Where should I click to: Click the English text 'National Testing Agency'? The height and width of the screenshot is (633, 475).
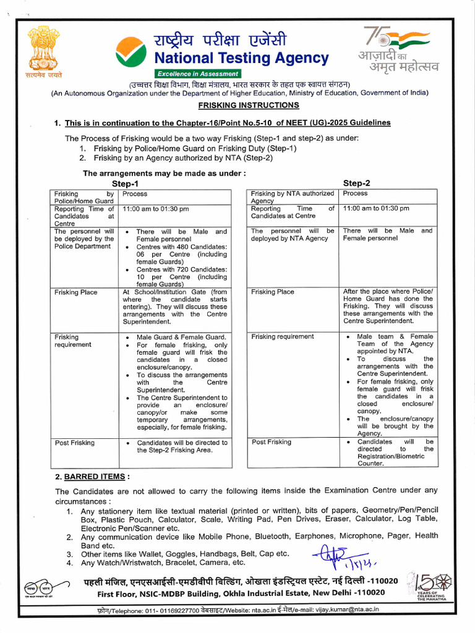pos(241,59)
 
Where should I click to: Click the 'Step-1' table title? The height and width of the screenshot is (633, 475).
pos(125,184)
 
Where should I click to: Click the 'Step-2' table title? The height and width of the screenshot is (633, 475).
pos(356,183)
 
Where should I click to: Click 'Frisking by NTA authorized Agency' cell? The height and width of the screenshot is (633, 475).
pos(292,197)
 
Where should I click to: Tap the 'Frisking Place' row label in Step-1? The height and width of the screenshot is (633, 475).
pos(75,292)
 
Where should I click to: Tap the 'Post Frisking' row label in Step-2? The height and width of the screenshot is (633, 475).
pos(271,442)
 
